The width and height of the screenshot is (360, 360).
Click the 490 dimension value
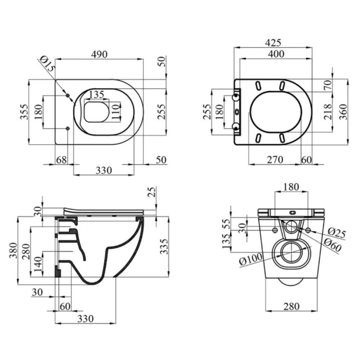click(x=99, y=54)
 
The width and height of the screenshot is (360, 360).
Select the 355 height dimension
click(x=24, y=112)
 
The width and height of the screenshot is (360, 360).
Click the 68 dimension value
click(x=61, y=160)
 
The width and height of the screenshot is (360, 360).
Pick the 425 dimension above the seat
click(x=273, y=43)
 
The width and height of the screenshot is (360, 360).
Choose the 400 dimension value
click(x=276, y=54)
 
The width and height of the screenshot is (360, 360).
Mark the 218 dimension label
click(x=328, y=112)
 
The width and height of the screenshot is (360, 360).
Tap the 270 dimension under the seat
click(x=275, y=160)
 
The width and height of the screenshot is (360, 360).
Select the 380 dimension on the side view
click(x=13, y=251)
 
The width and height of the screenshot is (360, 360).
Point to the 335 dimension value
click(x=164, y=247)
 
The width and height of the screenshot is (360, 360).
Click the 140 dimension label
click(x=38, y=264)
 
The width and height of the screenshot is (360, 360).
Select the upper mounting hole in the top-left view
click(x=68, y=95)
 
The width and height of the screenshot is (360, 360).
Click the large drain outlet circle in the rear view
click(x=292, y=253)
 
